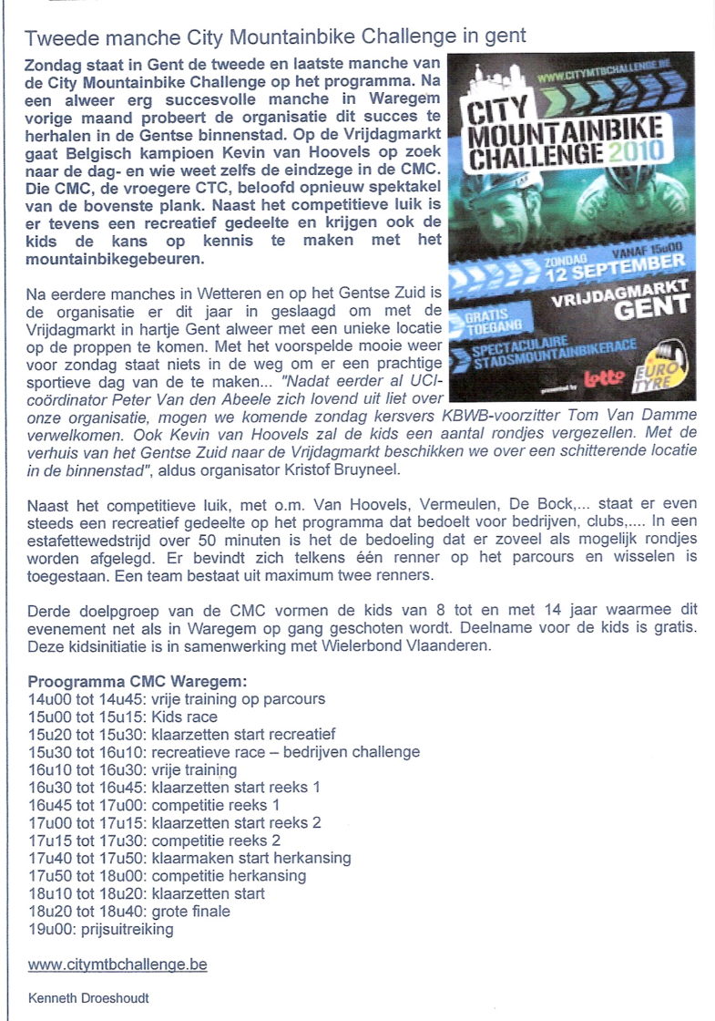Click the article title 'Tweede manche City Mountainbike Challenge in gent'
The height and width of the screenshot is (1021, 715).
click(275, 37)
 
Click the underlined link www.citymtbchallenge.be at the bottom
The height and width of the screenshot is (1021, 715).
click(117, 964)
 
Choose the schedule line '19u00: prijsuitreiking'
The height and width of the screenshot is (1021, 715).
click(100, 929)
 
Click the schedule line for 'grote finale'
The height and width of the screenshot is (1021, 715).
click(128, 912)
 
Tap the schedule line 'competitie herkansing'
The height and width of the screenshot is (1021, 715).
click(167, 876)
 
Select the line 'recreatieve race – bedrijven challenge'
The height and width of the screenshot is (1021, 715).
click(224, 752)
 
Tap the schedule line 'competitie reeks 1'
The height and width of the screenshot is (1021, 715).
click(154, 805)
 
